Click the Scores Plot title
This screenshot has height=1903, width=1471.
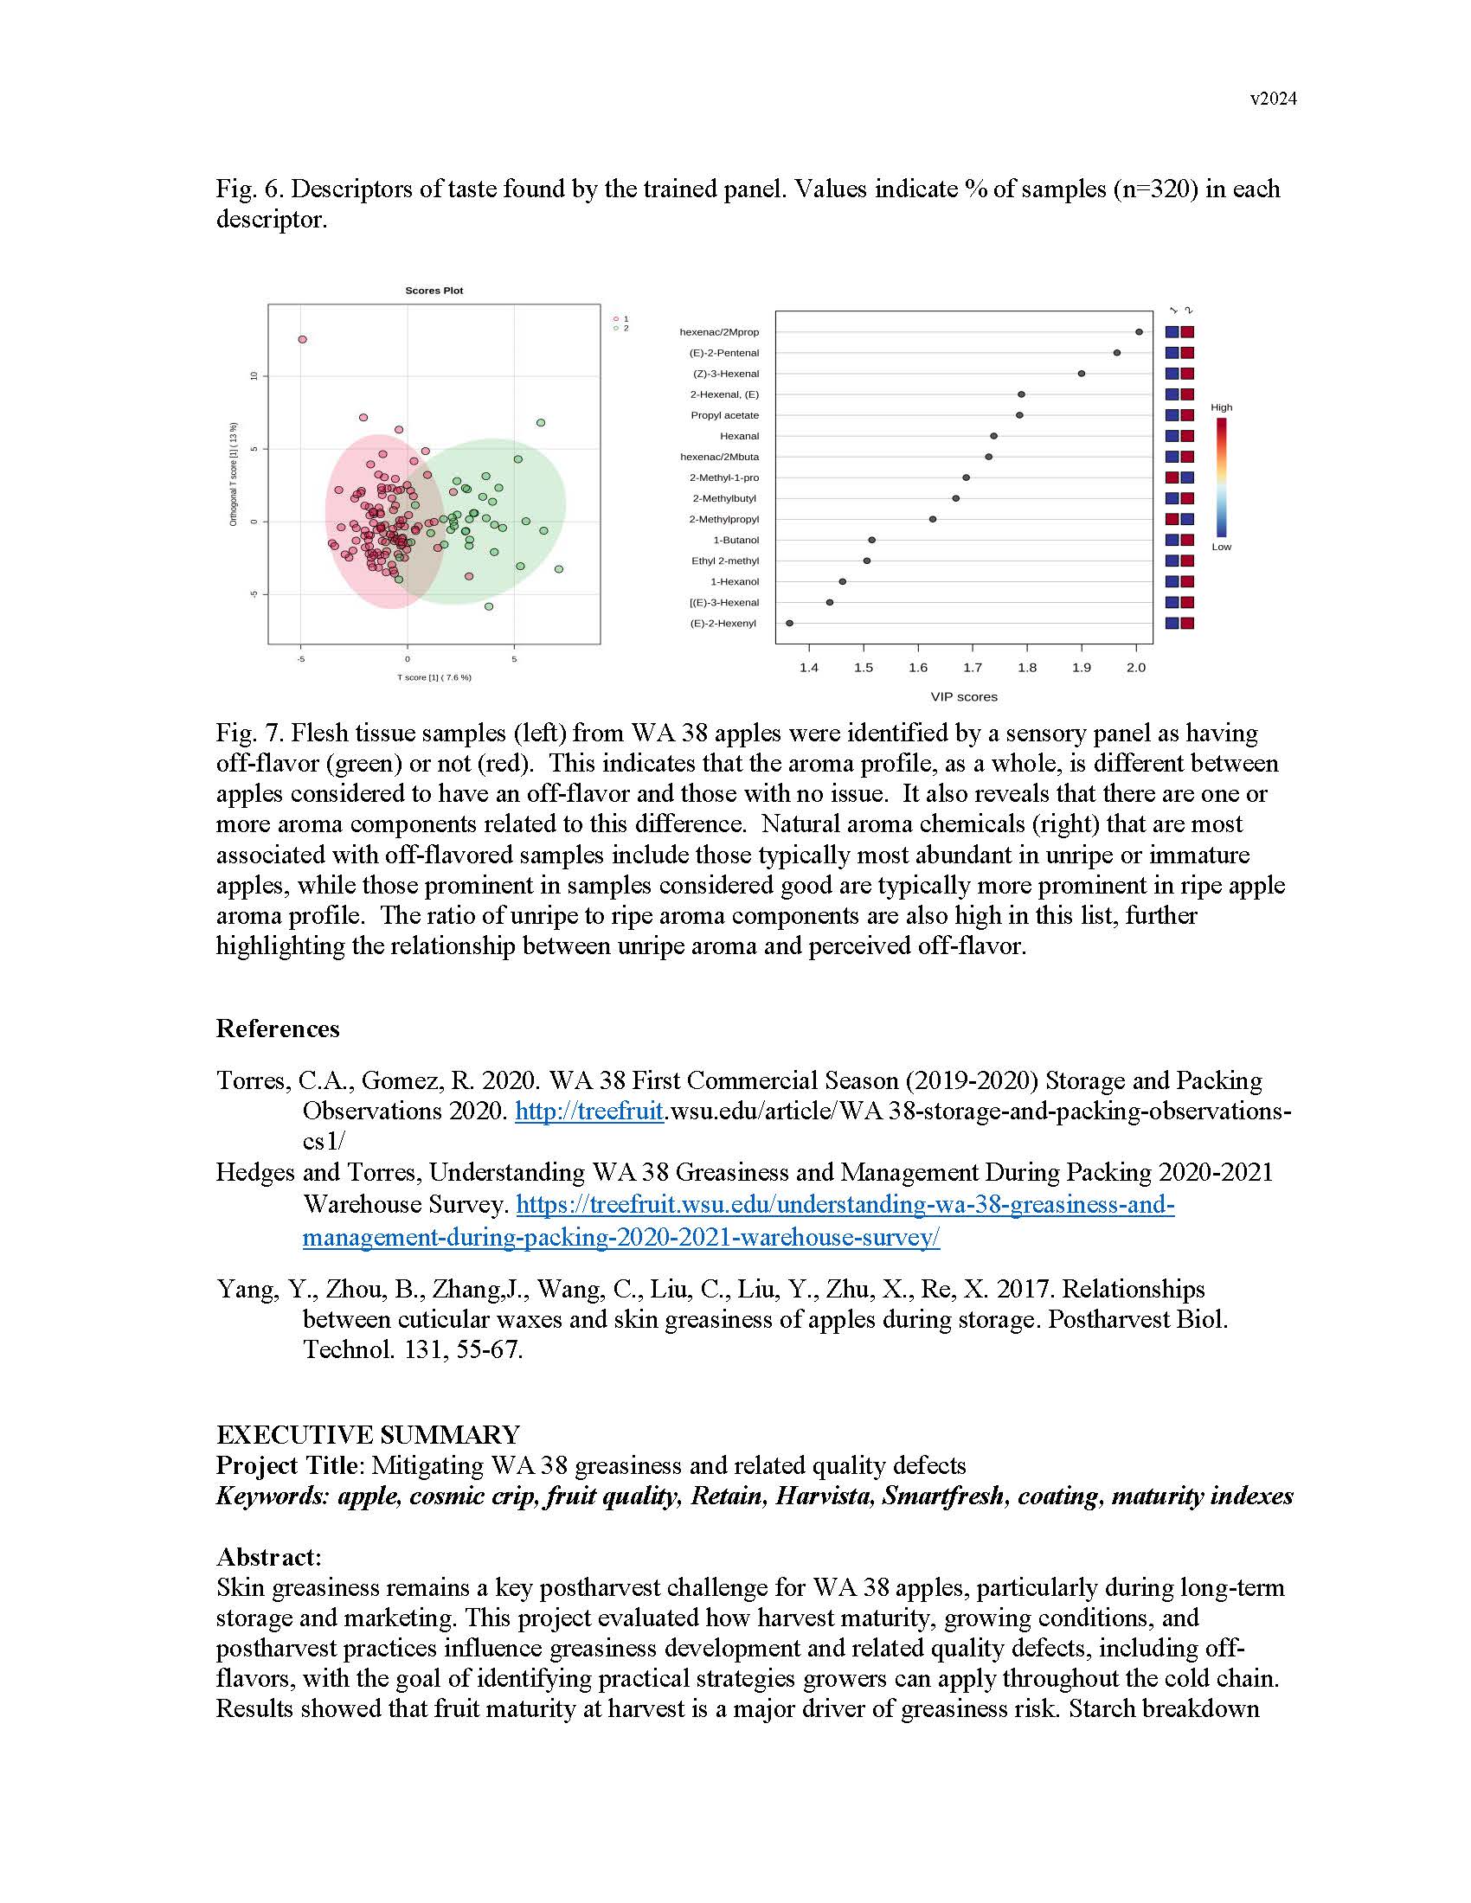click(x=434, y=290)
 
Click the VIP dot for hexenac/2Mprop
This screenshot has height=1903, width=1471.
click(x=1139, y=332)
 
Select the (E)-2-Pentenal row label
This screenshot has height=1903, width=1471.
click(x=723, y=353)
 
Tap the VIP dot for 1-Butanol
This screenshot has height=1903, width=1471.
click(x=871, y=541)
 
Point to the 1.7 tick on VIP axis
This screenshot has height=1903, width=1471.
click(x=973, y=668)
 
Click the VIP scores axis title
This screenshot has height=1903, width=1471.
click(x=964, y=697)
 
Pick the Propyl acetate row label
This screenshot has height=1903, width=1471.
click(x=724, y=415)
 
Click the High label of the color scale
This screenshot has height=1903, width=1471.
click(x=1221, y=407)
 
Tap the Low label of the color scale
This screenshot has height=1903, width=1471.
click(x=1221, y=548)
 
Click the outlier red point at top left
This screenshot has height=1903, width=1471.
click(x=302, y=339)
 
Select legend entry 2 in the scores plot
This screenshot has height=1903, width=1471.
click(x=620, y=329)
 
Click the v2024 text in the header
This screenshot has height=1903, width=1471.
click(x=1272, y=99)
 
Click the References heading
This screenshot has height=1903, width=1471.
click(x=277, y=1029)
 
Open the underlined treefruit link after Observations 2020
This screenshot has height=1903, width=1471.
click(x=589, y=1111)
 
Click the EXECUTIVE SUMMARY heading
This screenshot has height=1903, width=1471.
click(x=368, y=1435)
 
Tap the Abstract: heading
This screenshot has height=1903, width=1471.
click(x=268, y=1557)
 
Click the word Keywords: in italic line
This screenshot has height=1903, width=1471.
click(x=273, y=1496)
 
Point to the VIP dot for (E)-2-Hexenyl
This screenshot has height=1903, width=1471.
click(x=789, y=623)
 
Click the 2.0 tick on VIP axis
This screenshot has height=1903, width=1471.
click(x=1135, y=668)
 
